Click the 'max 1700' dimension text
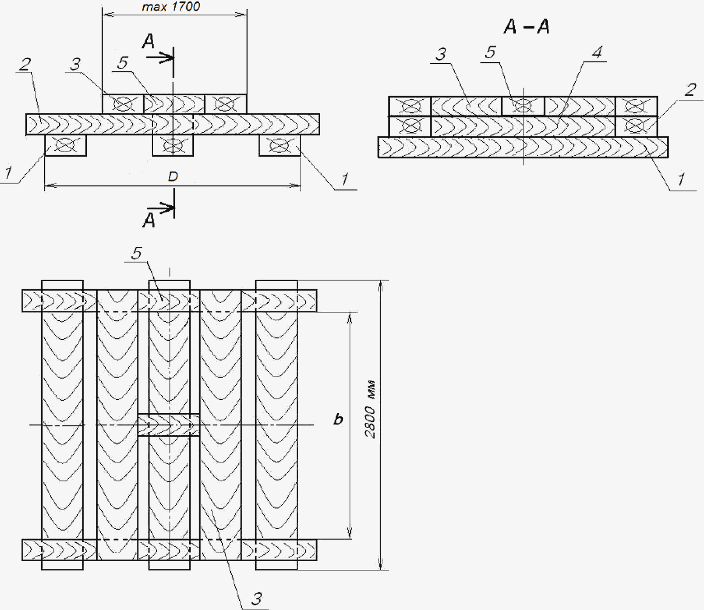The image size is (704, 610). point(171,7)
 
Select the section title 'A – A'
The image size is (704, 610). point(527,27)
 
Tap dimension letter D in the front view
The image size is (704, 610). point(173,177)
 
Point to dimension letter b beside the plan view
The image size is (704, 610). point(338,419)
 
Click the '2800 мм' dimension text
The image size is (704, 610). point(370,410)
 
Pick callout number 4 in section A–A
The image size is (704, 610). point(597,52)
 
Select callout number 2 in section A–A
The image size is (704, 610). point(690,90)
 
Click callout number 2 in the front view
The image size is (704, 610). point(25,64)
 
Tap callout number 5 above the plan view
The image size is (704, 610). point(137,253)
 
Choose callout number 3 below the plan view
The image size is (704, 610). point(257,599)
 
